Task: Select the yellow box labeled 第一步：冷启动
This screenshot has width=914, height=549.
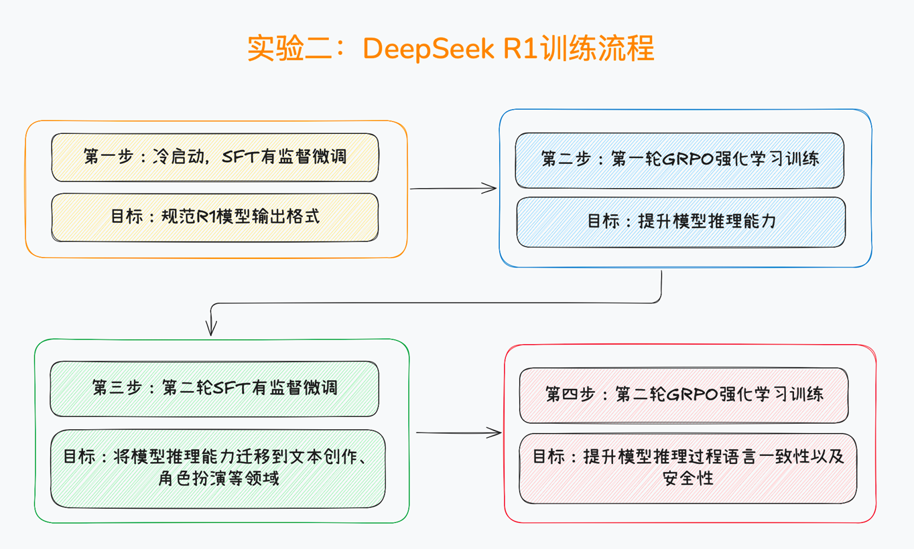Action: [x=214, y=157]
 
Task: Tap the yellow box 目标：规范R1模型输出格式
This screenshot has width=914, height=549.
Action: [x=214, y=217]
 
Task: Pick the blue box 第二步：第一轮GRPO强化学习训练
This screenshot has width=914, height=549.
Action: [x=679, y=160]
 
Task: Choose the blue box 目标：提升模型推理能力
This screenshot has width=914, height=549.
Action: [x=680, y=221]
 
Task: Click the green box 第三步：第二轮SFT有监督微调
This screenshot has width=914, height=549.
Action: [x=214, y=388]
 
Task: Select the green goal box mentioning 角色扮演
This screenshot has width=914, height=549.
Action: [x=218, y=468]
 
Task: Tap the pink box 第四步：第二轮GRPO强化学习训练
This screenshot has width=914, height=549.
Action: [x=683, y=394]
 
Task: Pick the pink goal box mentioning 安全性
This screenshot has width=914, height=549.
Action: [x=688, y=467]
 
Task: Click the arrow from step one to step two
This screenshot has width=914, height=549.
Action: [x=453, y=189]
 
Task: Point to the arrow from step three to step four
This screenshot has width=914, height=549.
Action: [x=458, y=433]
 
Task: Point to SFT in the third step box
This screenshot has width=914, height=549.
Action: [x=231, y=388]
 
